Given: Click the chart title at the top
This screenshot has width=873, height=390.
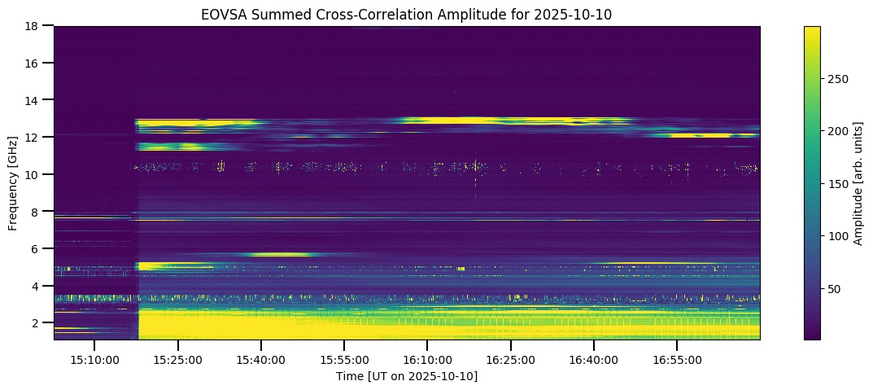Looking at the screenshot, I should (x=407, y=14).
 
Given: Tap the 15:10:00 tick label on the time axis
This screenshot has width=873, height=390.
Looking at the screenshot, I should (x=94, y=359).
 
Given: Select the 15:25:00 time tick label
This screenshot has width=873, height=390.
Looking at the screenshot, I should (x=178, y=359).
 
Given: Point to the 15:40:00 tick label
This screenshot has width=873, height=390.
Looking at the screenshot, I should (x=261, y=359).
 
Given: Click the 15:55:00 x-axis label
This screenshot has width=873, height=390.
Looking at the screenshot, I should (x=344, y=359).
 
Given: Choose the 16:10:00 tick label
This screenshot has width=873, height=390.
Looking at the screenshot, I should (x=427, y=359).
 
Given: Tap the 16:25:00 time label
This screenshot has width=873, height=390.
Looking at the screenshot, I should (x=511, y=359).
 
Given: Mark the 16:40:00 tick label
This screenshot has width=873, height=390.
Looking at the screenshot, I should (x=594, y=359).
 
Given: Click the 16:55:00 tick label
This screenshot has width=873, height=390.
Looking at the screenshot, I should (x=677, y=359).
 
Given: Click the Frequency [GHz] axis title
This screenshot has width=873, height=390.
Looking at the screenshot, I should (x=14, y=182).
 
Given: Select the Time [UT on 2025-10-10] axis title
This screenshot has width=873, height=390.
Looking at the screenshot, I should (x=407, y=376).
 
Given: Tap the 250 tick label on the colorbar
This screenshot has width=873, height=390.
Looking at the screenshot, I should (x=838, y=79).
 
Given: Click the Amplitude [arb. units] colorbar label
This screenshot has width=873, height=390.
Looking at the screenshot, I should (x=858, y=182).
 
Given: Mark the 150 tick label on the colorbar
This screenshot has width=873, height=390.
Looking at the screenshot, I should (x=838, y=184).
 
